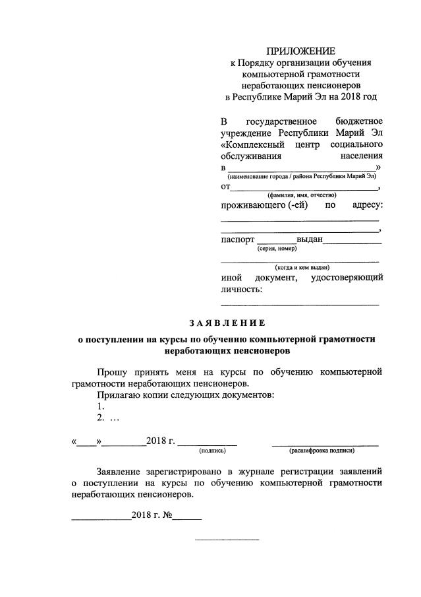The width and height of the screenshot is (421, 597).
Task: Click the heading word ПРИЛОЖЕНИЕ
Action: click(x=300, y=51)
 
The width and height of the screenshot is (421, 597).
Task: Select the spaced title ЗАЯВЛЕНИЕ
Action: click(x=227, y=323)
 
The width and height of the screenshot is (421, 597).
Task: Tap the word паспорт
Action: click(x=237, y=239)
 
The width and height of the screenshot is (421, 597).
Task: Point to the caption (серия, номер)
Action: click(x=277, y=249)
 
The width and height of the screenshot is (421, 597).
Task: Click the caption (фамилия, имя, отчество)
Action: click(x=302, y=195)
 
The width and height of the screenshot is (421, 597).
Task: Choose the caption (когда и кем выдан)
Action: click(x=302, y=267)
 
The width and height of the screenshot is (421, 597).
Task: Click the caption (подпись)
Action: click(x=212, y=451)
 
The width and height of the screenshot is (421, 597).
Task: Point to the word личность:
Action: click(x=241, y=289)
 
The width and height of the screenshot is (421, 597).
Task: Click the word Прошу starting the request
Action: click(x=113, y=372)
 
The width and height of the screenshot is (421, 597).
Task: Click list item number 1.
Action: click(x=100, y=406)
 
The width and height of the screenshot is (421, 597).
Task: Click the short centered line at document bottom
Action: click(x=227, y=540)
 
